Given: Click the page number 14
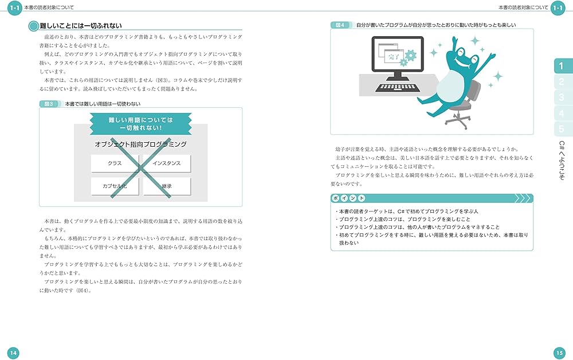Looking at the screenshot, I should (x=13, y=352).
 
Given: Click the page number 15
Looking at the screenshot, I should (x=560, y=352).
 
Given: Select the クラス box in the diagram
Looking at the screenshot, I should (x=115, y=163).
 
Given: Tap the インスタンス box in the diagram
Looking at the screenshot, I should (x=167, y=163).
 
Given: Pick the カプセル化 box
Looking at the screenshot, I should (x=115, y=186).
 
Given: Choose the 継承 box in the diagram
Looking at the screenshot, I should (x=167, y=186).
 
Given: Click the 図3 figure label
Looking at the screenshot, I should (x=49, y=104).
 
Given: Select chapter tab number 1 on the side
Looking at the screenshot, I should (x=562, y=66).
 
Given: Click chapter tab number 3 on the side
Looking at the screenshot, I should (x=562, y=97).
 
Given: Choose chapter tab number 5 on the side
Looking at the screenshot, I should (x=562, y=129).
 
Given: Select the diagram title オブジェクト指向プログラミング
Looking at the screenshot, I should (x=140, y=144).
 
